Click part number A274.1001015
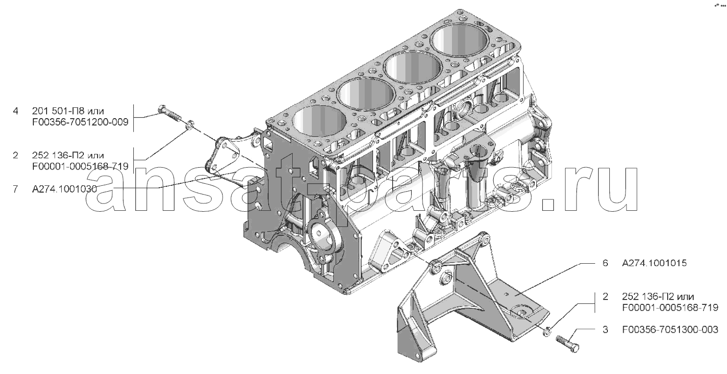click(x=654, y=263)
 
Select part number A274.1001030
click(x=64, y=189)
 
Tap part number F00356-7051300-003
click(x=670, y=330)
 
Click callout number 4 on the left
click(x=16, y=111)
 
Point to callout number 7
click(x=16, y=189)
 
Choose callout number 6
click(x=605, y=263)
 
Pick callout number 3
click(x=605, y=330)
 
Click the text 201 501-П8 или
click(x=68, y=111)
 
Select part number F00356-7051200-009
click(x=80, y=122)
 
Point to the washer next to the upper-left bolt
click(x=190, y=125)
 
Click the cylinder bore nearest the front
click(x=320, y=121)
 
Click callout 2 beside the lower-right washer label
click(x=605, y=297)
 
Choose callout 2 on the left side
click(x=16, y=155)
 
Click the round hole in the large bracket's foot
click(x=522, y=313)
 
